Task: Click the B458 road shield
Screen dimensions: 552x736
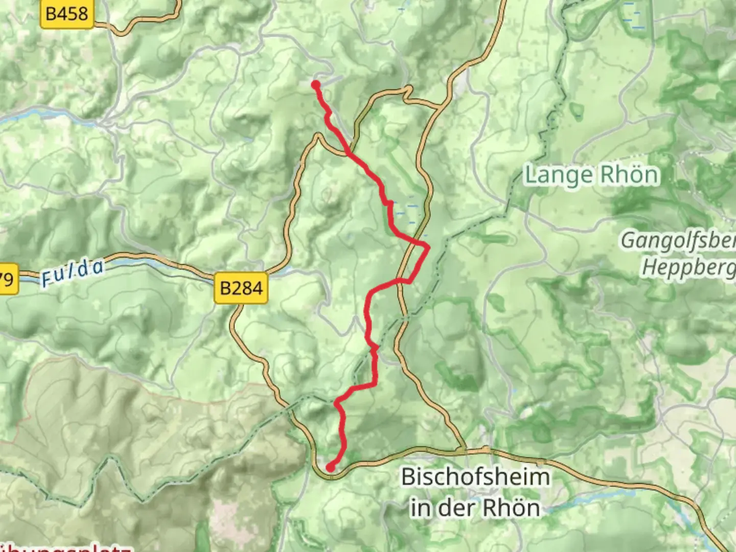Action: [67, 14]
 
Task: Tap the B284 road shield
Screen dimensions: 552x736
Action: [241, 288]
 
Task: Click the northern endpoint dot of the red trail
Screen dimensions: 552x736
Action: [316, 85]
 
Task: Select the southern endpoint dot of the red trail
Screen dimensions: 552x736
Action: [331, 467]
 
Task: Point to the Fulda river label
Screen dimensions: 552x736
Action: [73, 272]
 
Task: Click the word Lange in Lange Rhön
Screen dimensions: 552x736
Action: [559, 176]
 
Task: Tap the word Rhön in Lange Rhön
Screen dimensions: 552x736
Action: [629, 175]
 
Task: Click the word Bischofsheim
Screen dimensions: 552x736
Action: [476, 477]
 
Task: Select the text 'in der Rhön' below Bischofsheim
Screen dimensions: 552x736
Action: [475, 508]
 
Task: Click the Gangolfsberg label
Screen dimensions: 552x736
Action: [678, 240]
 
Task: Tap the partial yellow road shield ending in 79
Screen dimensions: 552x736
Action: [7, 280]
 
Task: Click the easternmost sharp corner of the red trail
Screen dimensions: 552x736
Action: [428, 247]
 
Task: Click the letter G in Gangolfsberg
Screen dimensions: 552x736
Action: [628, 240]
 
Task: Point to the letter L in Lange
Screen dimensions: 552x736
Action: [532, 176]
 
